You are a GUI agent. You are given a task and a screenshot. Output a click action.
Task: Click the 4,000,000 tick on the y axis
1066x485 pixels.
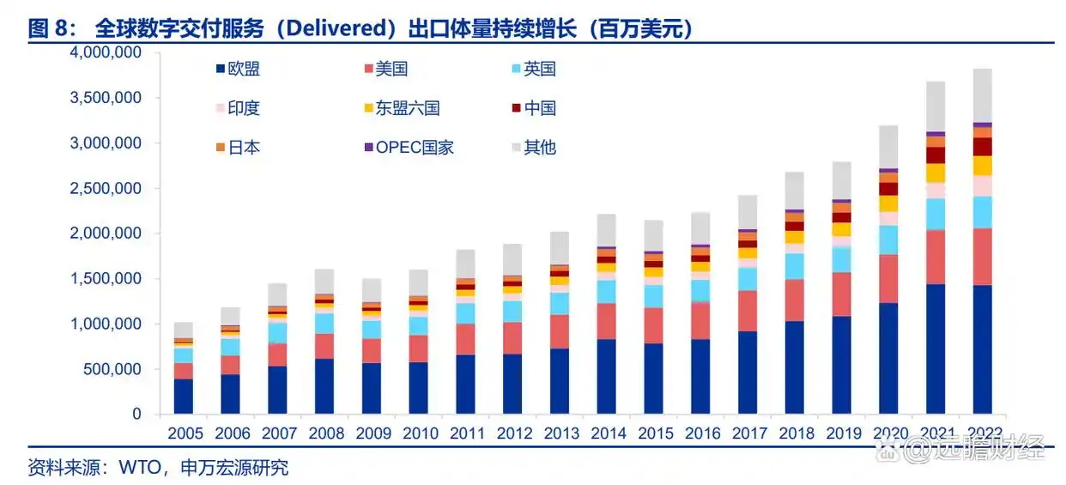(x=106, y=53)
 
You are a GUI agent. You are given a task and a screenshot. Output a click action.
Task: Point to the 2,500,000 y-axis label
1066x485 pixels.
(x=106, y=189)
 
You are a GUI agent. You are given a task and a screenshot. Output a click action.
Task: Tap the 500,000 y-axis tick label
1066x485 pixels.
(x=112, y=370)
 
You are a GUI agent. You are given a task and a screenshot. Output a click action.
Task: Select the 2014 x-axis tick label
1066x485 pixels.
(x=606, y=434)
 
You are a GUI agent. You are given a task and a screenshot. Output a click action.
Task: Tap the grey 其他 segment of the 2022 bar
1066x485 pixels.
(x=982, y=95)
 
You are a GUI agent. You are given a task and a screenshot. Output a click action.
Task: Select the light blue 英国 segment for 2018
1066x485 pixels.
(x=794, y=266)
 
